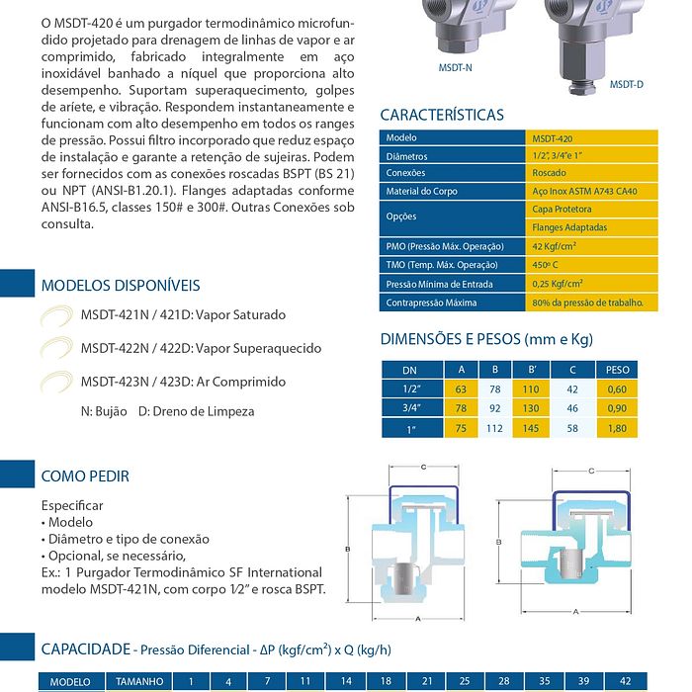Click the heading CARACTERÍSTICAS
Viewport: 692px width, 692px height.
point(442,115)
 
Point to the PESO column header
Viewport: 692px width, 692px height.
point(617,370)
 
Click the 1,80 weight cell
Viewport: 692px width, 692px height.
point(617,428)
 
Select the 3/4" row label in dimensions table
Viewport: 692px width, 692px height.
point(410,408)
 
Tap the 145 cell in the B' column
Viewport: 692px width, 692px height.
point(532,428)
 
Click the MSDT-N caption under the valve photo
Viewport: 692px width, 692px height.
point(455,67)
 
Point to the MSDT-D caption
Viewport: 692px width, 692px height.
point(626,85)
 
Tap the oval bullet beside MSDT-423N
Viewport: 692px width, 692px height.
point(56,382)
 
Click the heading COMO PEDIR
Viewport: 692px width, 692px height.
point(85,476)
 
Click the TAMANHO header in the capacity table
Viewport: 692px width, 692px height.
point(138,682)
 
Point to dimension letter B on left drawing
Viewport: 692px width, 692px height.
point(348,547)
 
